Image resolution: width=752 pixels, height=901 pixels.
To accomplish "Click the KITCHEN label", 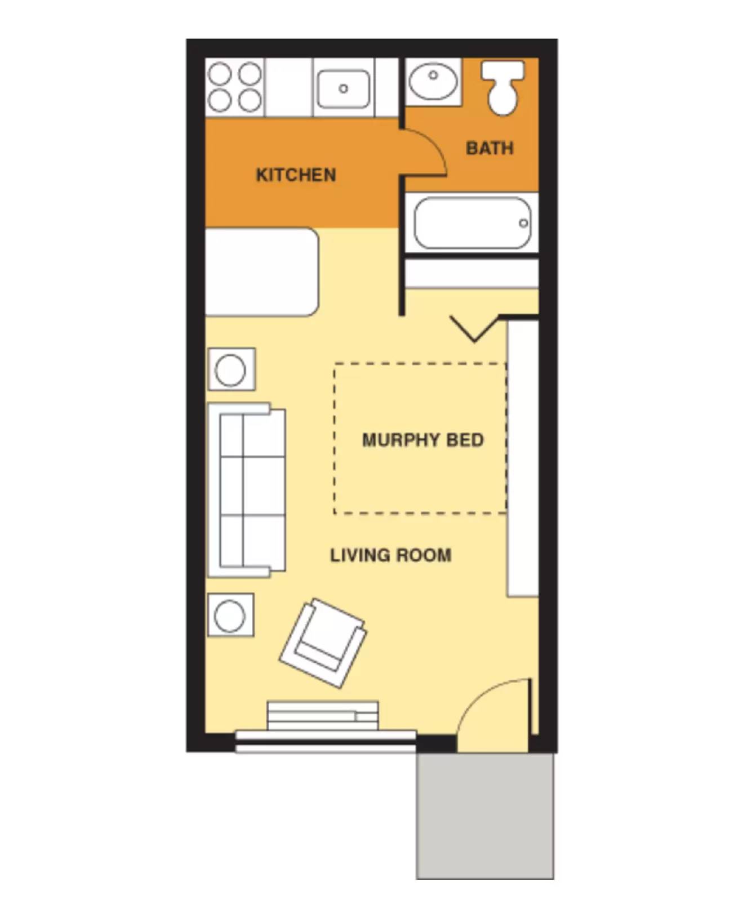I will click(x=296, y=175).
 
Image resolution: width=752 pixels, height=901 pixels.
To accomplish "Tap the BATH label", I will click(x=490, y=148).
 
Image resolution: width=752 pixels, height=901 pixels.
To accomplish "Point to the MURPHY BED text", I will click(x=422, y=440).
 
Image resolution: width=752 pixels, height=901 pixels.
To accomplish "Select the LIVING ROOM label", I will click(x=390, y=555).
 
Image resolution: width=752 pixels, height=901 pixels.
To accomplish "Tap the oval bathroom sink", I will click(x=433, y=82).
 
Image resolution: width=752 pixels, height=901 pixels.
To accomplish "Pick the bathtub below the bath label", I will click(x=472, y=223).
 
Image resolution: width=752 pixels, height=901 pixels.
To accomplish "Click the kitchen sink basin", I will click(x=343, y=88).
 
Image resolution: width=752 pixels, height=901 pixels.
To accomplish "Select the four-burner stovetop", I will click(x=234, y=87).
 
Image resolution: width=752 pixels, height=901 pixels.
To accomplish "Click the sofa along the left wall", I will click(x=247, y=490).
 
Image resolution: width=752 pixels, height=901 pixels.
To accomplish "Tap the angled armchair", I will click(x=323, y=642).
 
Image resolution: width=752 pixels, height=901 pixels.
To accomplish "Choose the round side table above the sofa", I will click(x=231, y=370).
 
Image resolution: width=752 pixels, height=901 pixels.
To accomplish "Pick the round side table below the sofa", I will click(x=230, y=615).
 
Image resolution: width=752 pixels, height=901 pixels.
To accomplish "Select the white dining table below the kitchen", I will click(x=261, y=272).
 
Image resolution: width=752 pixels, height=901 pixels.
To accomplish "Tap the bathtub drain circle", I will click(x=523, y=223).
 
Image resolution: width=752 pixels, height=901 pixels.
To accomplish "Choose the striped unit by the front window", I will click(x=322, y=716).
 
